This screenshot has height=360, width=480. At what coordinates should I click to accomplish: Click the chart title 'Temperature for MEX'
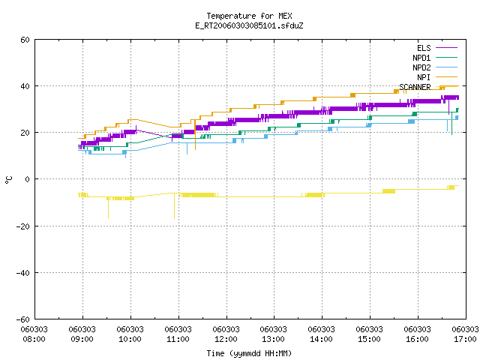[249, 16]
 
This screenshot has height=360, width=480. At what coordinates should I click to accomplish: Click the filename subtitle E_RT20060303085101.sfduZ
[249, 25]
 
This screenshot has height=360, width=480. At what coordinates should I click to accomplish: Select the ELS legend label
[424, 48]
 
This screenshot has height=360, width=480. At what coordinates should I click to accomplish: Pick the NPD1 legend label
[421, 58]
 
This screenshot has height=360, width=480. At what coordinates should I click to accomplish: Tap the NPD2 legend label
[421, 67]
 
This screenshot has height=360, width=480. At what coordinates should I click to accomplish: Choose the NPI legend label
[424, 77]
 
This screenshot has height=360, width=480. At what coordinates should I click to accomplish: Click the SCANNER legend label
[415, 87]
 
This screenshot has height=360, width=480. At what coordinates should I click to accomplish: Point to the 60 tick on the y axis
[25, 40]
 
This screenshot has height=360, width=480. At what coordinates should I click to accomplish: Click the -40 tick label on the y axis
[23, 273]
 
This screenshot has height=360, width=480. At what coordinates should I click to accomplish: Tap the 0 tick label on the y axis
[27, 179]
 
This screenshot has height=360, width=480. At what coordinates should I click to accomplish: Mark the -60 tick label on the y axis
[23, 319]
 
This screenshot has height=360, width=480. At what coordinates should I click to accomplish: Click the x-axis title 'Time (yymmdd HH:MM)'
[249, 353]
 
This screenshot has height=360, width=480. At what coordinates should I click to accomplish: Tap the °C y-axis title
[8, 180]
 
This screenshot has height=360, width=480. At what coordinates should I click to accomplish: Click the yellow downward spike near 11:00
[175, 206]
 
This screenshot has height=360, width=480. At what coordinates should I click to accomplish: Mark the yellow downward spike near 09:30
[108, 208]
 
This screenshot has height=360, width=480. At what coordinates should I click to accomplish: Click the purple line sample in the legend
[446, 48]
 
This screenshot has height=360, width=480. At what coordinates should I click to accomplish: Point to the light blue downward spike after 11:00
[187, 148]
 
